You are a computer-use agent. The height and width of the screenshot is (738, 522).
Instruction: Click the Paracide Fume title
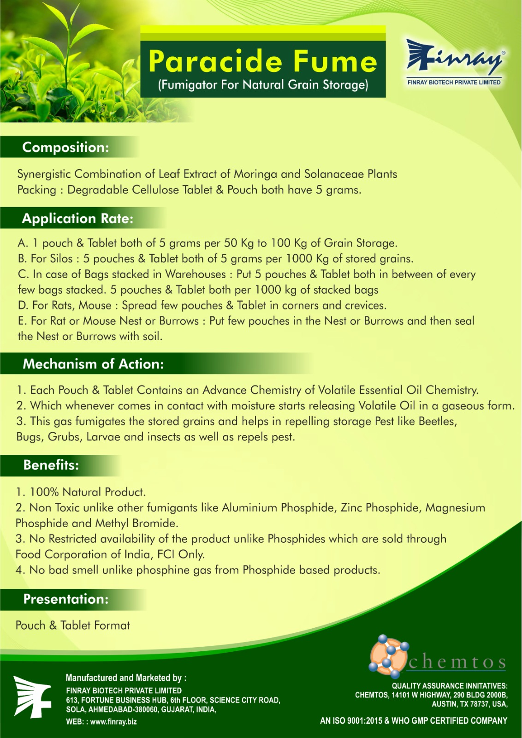[x=263, y=61]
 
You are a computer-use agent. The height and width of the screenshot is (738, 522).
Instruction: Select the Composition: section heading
[x=65, y=147]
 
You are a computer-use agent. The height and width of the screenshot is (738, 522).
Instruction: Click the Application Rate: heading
[x=77, y=218]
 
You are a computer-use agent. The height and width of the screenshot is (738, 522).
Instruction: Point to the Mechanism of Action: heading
[x=93, y=364]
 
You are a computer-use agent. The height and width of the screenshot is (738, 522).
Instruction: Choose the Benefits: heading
[x=51, y=465]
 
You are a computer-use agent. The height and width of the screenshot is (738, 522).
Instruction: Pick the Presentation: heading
[x=66, y=599]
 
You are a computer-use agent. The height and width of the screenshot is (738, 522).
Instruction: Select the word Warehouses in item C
[x=196, y=274]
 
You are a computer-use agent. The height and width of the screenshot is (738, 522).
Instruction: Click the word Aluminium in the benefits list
[x=249, y=508]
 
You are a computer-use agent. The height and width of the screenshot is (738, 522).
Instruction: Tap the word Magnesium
[x=455, y=508]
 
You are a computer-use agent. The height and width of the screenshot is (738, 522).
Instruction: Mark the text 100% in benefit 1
[x=44, y=492]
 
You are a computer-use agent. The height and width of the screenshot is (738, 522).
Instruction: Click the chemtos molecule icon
[x=389, y=655]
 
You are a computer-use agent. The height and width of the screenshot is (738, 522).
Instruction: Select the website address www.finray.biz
[x=113, y=722]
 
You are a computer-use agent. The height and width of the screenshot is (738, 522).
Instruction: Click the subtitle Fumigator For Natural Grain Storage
[x=263, y=85]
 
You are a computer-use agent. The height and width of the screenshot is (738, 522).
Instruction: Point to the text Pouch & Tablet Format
[x=73, y=625]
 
